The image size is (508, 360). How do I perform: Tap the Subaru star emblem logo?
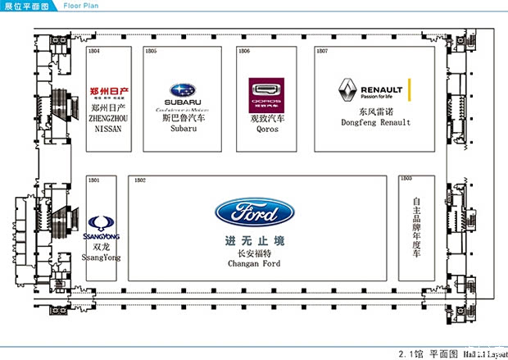coord(183,90)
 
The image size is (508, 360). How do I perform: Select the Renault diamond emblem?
coord(347,90)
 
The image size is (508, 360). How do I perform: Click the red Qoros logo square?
coord(264,93)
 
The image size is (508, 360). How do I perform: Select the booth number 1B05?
coord(151,52)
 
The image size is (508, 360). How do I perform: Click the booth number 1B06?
coord(243,52)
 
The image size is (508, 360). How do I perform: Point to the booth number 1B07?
coord(322,52)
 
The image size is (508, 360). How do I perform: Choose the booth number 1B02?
coord(139,179)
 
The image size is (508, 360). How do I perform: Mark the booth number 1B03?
coord(406,179)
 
